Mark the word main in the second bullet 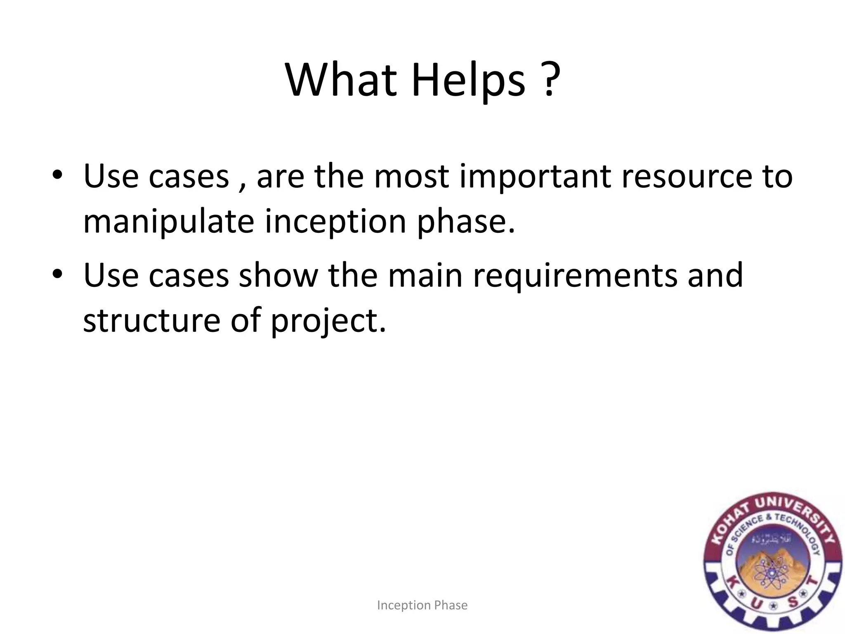[x=425, y=276]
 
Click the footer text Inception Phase [x=422, y=605]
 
